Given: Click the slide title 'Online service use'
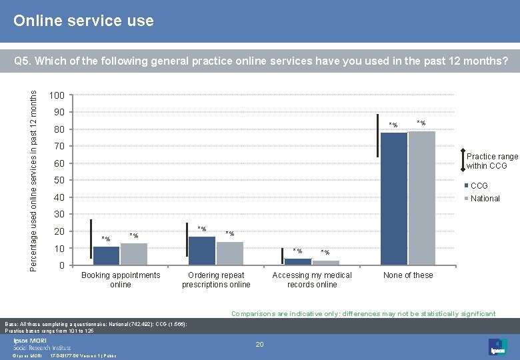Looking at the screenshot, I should pos(83,21).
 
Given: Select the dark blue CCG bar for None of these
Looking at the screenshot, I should pos(393,198).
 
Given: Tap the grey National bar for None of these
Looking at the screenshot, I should pos(421,197).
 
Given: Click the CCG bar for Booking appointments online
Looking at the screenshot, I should pos(106,256).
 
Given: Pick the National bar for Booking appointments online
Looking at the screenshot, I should pos(134,254).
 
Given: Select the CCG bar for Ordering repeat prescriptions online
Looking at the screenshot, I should pos(202,251).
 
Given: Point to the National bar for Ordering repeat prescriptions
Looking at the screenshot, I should pos(230,253).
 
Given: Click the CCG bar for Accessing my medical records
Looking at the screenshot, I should pos(298,261).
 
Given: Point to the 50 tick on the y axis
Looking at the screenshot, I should pos(59,181).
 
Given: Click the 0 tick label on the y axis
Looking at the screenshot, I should pos(61,266).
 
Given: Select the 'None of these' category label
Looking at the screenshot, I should pos(408,275).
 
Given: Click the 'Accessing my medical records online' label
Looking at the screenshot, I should pos(312,280).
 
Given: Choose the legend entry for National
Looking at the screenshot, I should pos(485,198).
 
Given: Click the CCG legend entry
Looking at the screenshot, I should pos(479,185).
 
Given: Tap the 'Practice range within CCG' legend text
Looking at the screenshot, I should pos(492,161).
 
